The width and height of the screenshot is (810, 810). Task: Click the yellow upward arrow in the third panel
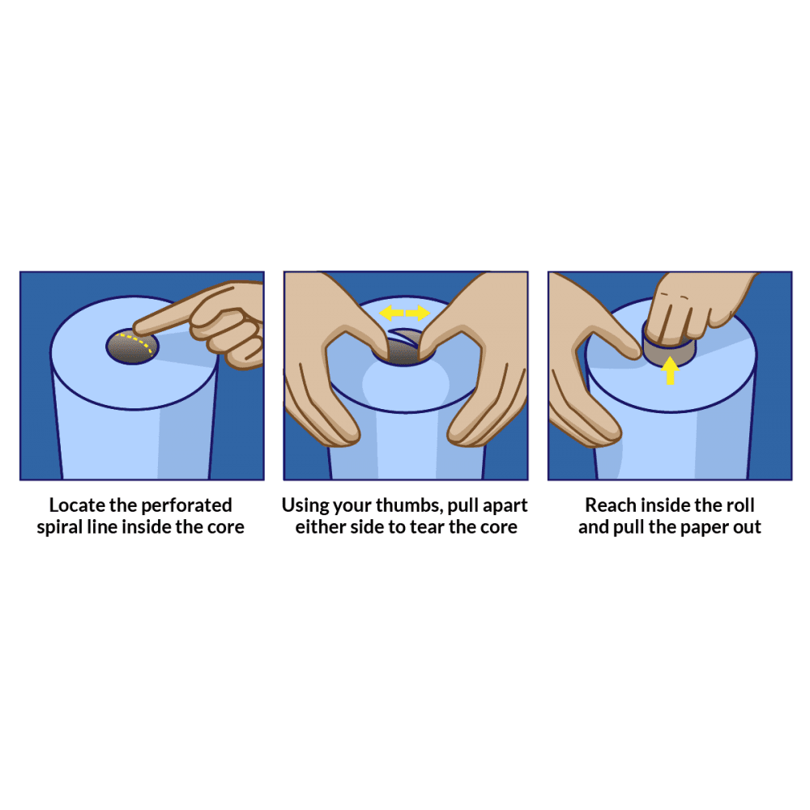(x=670, y=371)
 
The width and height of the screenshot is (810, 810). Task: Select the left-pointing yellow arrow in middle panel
(x=392, y=313)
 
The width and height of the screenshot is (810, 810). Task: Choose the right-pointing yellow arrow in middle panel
(x=418, y=313)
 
